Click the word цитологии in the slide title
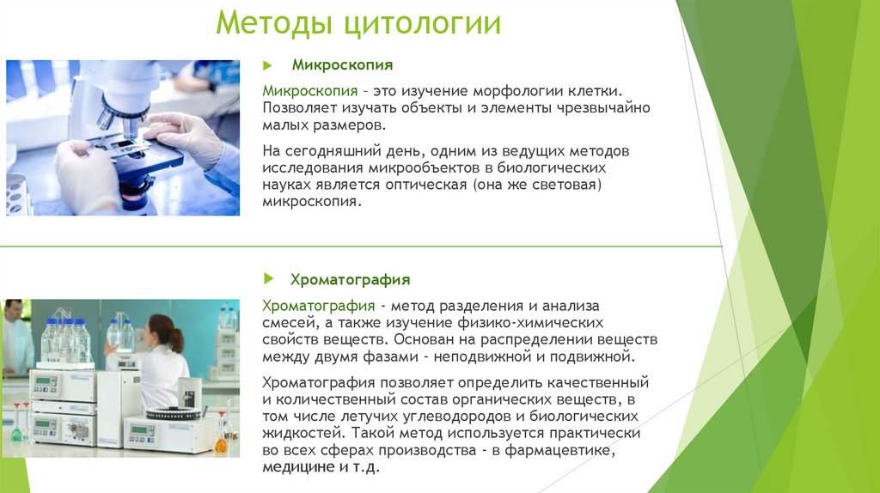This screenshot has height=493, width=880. pyautogui.click(x=423, y=23)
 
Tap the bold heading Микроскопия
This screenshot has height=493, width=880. pyautogui.click(x=342, y=64)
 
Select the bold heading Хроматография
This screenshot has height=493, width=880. pyautogui.click(x=350, y=279)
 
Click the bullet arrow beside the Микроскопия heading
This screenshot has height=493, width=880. pyautogui.click(x=268, y=64)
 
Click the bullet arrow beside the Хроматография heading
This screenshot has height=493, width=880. pyautogui.click(x=268, y=279)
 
